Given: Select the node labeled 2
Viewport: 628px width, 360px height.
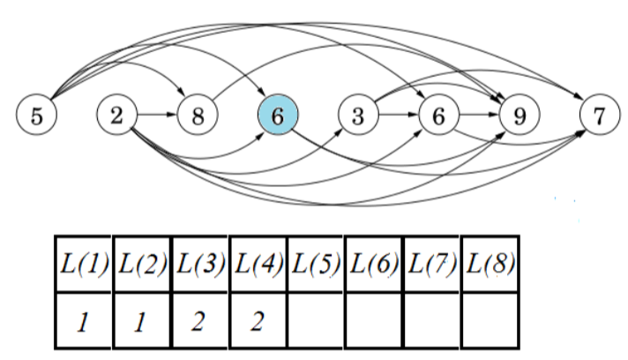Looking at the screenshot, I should pyautogui.click(x=117, y=116).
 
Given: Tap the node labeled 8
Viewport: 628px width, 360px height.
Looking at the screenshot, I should pyautogui.click(x=198, y=116).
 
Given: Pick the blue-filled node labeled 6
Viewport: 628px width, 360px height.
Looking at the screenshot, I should pyautogui.click(x=278, y=116).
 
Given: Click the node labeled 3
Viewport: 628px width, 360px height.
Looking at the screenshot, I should pyautogui.click(x=358, y=116).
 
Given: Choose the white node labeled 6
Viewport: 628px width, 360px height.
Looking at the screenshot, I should pyautogui.click(x=438, y=116).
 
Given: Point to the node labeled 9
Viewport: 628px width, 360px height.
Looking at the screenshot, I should pyautogui.click(x=519, y=116).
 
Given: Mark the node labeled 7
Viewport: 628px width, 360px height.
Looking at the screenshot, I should pyautogui.click(x=599, y=116).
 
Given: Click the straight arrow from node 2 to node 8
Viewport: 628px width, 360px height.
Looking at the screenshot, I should pyautogui.click(x=157, y=116).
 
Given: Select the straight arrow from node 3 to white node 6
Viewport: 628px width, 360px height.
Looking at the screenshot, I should pyautogui.click(x=398, y=116).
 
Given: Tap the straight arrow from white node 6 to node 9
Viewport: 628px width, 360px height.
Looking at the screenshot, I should pyautogui.click(x=478, y=116).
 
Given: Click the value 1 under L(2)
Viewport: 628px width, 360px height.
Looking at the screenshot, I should pyautogui.click(x=141, y=319).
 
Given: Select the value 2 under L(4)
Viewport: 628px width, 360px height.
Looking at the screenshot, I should pyautogui.click(x=258, y=319).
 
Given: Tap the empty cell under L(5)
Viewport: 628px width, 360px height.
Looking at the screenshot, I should pyautogui.click(x=315, y=319).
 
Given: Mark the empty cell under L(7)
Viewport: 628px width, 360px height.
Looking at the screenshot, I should pyautogui.click(x=431, y=319).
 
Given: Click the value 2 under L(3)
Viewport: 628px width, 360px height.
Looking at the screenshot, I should pyautogui.click(x=199, y=319).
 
